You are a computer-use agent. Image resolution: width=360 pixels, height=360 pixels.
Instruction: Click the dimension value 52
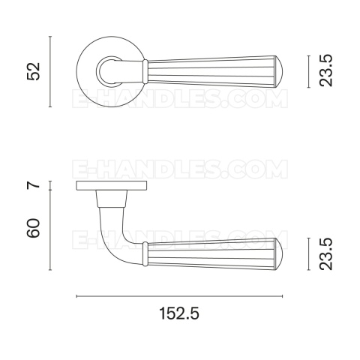(33, 71)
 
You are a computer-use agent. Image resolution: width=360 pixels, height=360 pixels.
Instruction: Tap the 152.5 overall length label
(179, 313)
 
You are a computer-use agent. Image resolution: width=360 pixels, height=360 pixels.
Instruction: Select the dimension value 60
(33, 228)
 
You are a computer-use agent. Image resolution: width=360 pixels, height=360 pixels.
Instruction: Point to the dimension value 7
(34, 185)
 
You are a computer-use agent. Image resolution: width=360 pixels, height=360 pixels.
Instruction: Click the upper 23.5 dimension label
(326, 70)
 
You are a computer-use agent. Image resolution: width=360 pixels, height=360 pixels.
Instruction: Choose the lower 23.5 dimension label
(326, 254)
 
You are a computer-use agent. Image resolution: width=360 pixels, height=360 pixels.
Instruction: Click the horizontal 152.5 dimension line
(179, 296)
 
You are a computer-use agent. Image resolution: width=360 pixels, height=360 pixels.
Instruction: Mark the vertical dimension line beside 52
(50, 71)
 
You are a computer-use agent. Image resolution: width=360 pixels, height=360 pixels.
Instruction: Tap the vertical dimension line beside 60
(50, 230)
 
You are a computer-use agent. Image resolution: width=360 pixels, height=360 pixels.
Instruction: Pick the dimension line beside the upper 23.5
(309, 71)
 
